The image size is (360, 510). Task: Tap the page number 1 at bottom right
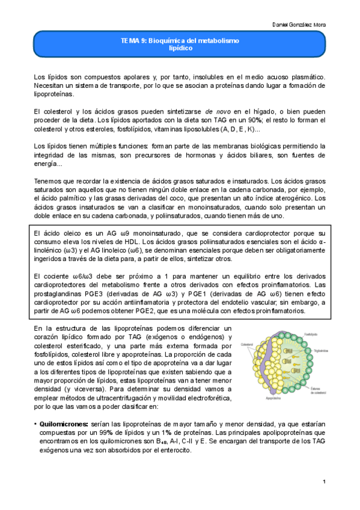324,482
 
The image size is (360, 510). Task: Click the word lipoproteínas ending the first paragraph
53,94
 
